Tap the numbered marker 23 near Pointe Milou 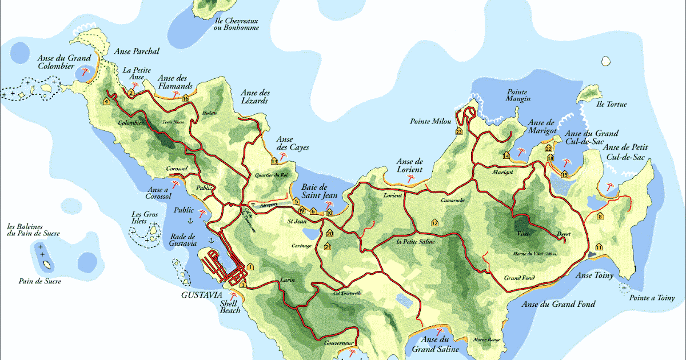(459, 132)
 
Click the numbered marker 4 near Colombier (106, 102)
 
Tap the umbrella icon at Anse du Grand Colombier (86, 72)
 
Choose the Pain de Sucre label (39, 281)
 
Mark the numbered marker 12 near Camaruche (434, 223)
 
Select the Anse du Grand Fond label (559, 304)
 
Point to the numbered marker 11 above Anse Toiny (599, 246)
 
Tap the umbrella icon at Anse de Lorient (410, 179)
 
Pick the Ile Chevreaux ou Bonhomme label (236, 23)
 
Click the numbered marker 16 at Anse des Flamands (185, 99)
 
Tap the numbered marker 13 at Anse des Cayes (274, 162)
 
